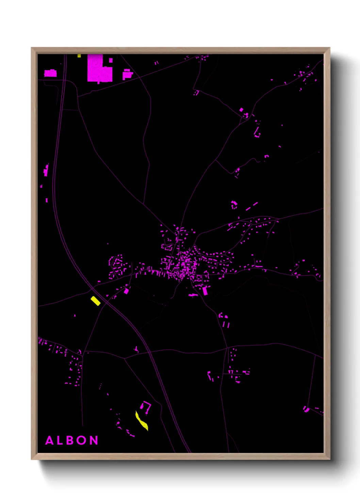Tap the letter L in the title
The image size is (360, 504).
click(60, 440)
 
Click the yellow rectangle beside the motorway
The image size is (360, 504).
click(95, 301)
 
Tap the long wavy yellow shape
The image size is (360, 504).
click(141, 421)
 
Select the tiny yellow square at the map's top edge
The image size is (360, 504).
click(79, 56)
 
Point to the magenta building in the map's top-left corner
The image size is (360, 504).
click(50, 73)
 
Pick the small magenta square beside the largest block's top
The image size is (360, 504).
click(111, 60)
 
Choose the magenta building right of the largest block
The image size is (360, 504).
click(127, 74)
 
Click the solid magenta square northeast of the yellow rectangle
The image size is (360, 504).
click(126, 291)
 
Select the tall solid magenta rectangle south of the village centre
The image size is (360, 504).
click(205, 290)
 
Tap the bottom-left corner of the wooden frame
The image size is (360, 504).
click(32, 459)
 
